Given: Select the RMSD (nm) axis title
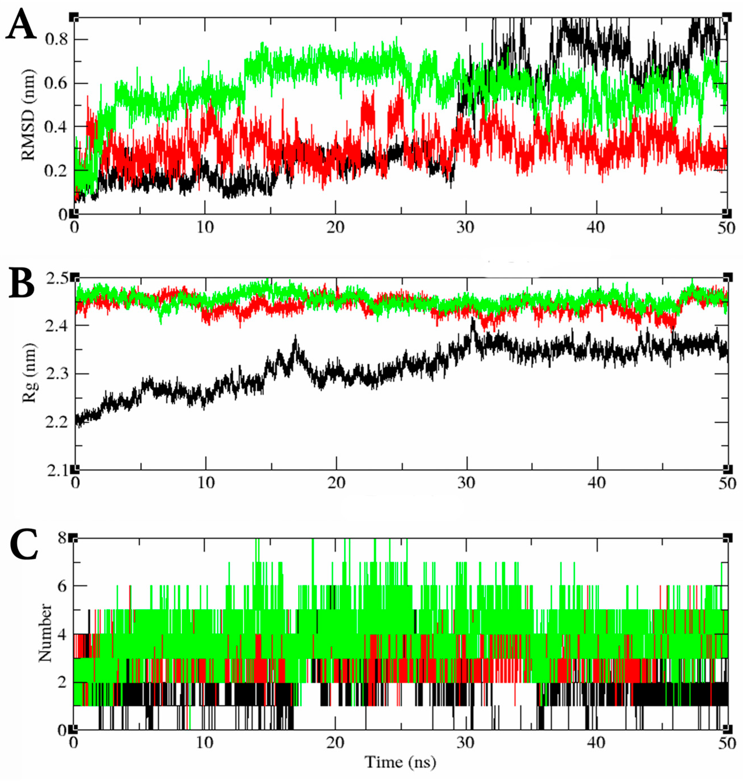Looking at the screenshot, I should (29, 115).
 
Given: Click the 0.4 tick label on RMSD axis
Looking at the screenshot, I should (56, 127).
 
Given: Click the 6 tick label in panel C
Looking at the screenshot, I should (62, 586).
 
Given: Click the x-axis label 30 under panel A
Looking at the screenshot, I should (465, 228).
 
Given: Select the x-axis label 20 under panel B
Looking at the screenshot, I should (336, 483).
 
